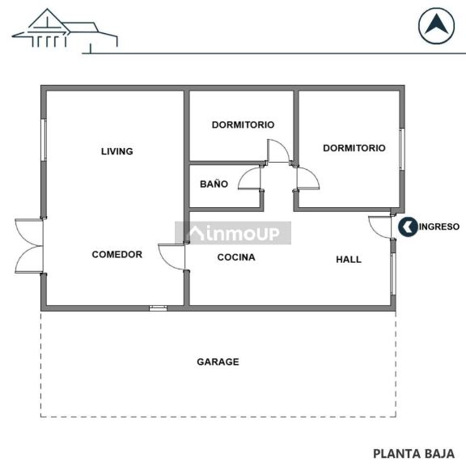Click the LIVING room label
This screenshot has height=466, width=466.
pos(116,151)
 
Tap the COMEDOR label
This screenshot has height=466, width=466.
pos(116,254)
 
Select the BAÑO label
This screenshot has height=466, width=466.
pos(214,184)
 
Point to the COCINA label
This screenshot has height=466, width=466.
pos(236,257)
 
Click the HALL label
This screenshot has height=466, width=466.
pos(349,260)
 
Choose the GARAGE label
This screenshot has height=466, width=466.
pos(218,362)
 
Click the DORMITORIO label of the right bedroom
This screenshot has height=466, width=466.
pos(354,148)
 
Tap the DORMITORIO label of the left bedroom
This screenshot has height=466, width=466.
pos(243,125)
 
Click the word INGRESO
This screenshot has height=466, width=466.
pos(439,227)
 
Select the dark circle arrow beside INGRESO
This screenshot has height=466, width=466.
pos(408,227)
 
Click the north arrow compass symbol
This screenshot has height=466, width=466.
pos(436,25)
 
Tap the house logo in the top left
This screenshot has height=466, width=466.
pos(65,30)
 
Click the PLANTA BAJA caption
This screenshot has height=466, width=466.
pos(413,453)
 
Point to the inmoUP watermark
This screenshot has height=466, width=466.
pos(234,233)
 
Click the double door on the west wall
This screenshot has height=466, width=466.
pos(29,246)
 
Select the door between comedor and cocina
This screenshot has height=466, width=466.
pos(173,256)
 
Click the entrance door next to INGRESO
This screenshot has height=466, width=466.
pos(381,227)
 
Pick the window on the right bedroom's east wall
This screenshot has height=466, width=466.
pos(400,149)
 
